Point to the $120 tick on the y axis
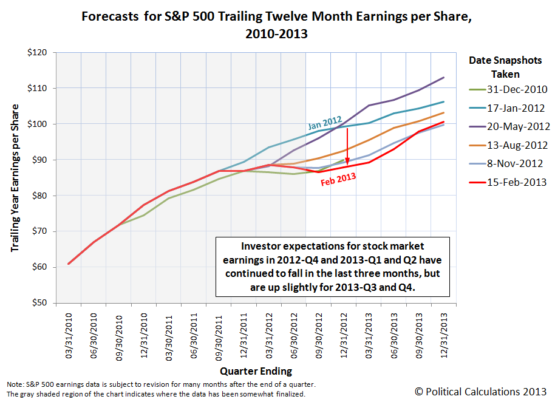click(39, 52)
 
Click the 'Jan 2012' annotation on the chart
click(324, 123)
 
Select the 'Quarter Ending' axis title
click(256, 370)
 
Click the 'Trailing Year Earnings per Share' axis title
click(15, 178)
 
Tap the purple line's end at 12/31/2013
click(444, 77)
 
